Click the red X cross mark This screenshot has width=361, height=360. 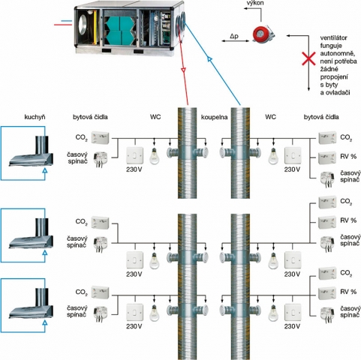pos(309,59)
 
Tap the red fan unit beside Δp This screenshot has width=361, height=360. pos(263,34)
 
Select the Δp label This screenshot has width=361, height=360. pos(234,36)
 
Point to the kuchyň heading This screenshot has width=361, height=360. pos(35,117)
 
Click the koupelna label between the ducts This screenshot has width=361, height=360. pos(214,117)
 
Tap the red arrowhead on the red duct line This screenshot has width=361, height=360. pos(184,70)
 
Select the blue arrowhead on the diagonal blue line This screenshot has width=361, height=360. pos(209,59)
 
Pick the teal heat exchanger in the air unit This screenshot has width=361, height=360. pos(121,31)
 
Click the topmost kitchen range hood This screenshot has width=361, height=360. pos(31,151)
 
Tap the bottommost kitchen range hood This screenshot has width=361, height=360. pos(31,303)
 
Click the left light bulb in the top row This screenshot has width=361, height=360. pos(155,156)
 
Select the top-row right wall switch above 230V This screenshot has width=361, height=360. pos(293,156)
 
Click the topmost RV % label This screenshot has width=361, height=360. pos(348,157)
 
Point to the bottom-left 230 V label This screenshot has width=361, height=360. pos(134,326)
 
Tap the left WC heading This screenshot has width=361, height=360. pos(155,117)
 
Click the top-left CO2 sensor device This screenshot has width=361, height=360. pos(100,137)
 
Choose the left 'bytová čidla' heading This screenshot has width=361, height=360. pos(90,117)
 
